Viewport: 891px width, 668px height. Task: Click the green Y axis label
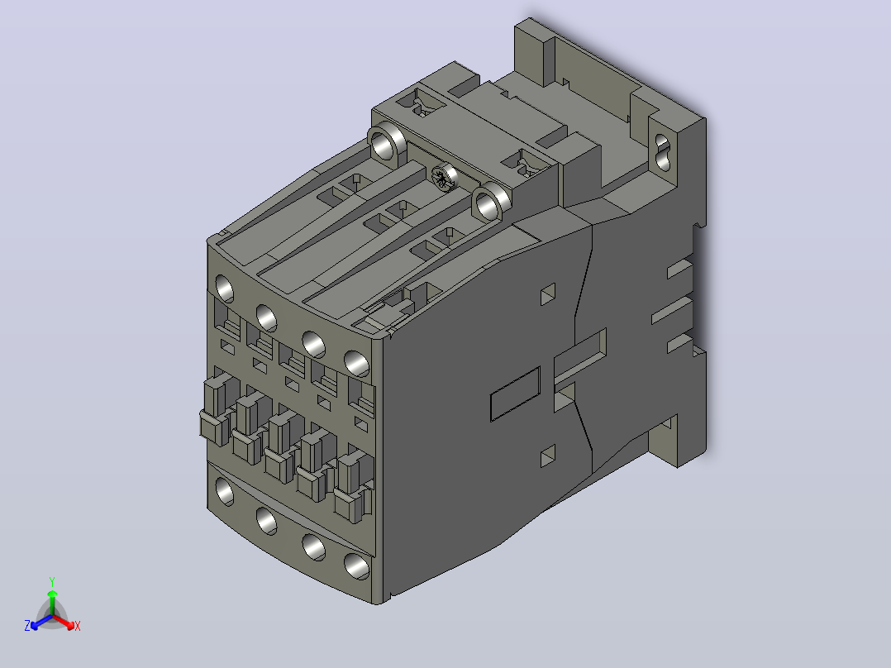pos(52,581)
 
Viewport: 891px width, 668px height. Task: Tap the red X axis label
pos(78,626)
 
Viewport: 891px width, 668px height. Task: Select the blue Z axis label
pos(27,626)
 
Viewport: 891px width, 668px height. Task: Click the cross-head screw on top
pos(444,178)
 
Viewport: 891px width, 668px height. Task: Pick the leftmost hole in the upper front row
pos(225,289)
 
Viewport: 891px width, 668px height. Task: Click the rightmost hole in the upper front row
pos(357,364)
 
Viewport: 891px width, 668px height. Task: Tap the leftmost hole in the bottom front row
pos(225,491)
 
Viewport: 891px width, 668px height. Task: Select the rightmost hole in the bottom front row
pos(357,567)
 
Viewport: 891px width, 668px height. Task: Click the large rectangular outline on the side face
pos(515,394)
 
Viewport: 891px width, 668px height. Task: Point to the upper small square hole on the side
pos(548,294)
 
